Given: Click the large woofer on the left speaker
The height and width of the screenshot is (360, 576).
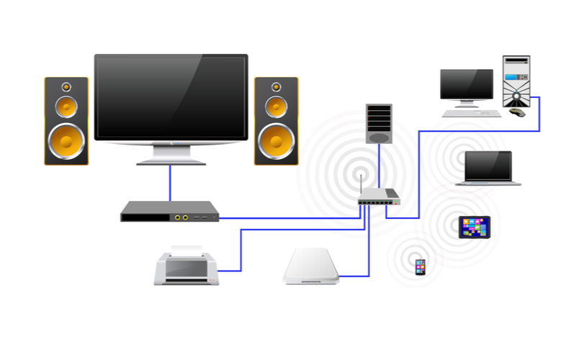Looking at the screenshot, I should pyautogui.click(x=67, y=140).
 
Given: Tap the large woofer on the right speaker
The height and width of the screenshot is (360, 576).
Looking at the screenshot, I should pyautogui.click(x=276, y=140).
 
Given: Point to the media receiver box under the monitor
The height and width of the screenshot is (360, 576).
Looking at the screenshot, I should pyautogui.click(x=168, y=212).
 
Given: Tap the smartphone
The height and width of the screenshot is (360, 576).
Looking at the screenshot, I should pyautogui.click(x=420, y=266).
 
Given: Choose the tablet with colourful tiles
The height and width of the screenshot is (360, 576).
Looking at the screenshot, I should pyautogui.click(x=475, y=227).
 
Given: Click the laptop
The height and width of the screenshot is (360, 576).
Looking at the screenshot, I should pyautogui.click(x=488, y=168).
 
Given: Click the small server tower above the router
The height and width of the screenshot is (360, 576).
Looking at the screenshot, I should pyautogui.click(x=379, y=123).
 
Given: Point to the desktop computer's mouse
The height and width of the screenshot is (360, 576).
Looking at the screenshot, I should pyautogui.click(x=517, y=112).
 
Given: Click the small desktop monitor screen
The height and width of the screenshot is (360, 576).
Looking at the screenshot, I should pyautogui.click(x=467, y=85).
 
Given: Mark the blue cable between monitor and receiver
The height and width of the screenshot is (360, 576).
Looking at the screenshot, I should pyautogui.click(x=171, y=183).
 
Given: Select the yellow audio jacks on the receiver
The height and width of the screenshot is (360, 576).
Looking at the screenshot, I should pyautogui.click(x=181, y=216).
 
